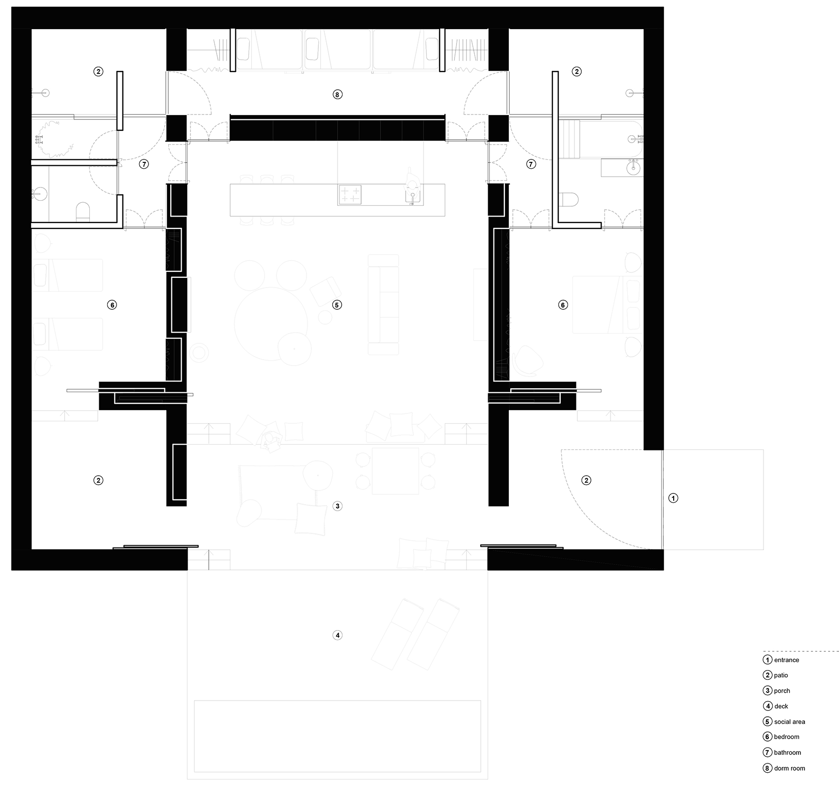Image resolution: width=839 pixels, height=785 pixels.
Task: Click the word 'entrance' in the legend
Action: point(786,660)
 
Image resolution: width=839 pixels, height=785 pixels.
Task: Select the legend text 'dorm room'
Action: point(789,768)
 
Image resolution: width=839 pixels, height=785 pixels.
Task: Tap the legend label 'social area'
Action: point(789,721)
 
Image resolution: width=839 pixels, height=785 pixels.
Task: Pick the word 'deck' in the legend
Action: point(781,706)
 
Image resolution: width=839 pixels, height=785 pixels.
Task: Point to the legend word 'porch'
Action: point(782,691)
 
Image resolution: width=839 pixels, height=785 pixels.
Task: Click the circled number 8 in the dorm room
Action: point(337,94)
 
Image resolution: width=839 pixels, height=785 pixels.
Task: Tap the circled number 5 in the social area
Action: point(337,305)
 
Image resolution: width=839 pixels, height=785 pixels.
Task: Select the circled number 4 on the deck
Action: point(338,635)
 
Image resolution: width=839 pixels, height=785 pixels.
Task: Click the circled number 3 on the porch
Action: point(338,506)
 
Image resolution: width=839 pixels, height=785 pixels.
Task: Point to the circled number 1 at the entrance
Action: point(673,498)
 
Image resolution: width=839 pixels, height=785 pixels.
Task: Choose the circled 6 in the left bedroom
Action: point(112,305)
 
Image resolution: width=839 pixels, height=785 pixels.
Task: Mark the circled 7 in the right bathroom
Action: point(531,164)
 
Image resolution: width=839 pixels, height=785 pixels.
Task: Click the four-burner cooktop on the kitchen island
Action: point(349,195)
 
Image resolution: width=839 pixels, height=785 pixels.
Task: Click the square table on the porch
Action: point(395,471)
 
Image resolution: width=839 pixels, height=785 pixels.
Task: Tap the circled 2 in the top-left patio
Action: point(98,72)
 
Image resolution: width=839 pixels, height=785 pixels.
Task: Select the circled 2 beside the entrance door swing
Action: point(586,480)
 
